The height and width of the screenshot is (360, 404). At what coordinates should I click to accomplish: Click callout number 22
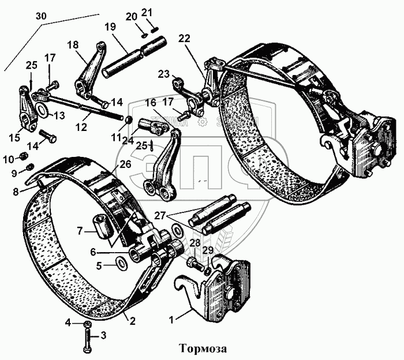(x=184, y=38)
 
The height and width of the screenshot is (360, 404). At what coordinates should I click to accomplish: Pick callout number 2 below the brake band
(x=133, y=321)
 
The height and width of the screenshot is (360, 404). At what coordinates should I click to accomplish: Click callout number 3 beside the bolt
(x=104, y=335)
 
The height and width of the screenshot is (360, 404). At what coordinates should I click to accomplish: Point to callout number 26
(x=125, y=164)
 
